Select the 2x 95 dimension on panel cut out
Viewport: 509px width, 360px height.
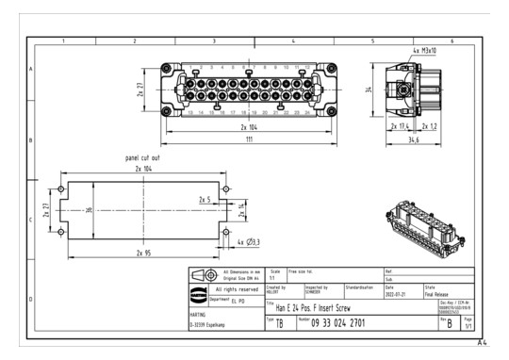tap(144, 253)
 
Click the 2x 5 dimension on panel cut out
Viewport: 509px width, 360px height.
tap(204, 199)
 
